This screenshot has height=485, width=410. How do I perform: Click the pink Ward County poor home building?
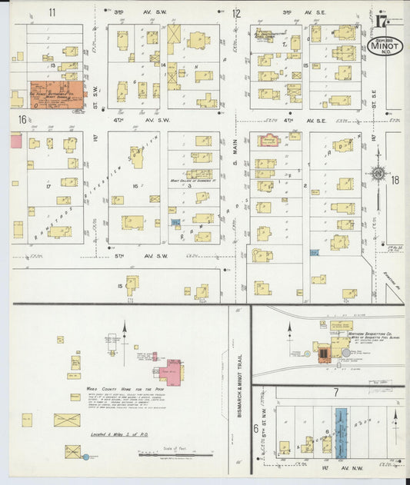click(x=171, y=370)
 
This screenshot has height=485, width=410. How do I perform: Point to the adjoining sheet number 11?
click(x=52, y=12)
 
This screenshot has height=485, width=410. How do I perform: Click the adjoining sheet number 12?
click(x=236, y=12)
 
